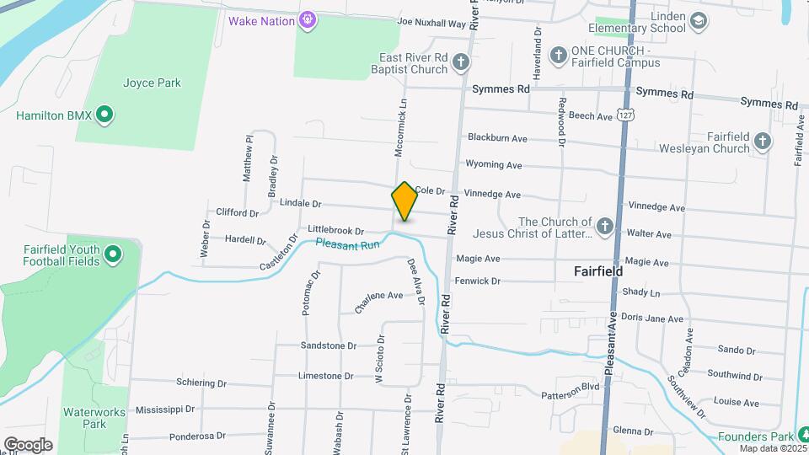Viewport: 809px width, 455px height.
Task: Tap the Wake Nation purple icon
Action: [309, 18]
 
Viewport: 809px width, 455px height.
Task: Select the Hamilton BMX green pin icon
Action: [104, 115]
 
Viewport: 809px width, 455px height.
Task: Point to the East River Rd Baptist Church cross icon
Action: [460, 62]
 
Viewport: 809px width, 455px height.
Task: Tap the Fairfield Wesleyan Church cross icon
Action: [763, 141]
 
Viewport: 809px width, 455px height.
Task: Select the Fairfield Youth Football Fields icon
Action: [113, 254]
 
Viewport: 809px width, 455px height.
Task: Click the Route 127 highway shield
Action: [624, 114]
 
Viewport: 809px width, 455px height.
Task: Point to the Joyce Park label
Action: [152, 83]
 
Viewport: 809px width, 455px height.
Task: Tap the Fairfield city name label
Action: [598, 272]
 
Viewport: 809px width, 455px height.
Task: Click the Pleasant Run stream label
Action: [346, 244]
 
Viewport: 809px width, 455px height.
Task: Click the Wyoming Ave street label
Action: [495, 165]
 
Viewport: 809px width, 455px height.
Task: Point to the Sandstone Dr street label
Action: [329, 345]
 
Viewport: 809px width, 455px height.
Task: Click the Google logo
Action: [28, 445]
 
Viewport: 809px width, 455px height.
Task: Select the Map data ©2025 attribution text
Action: [773, 448]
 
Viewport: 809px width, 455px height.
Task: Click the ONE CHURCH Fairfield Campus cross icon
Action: [557, 56]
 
